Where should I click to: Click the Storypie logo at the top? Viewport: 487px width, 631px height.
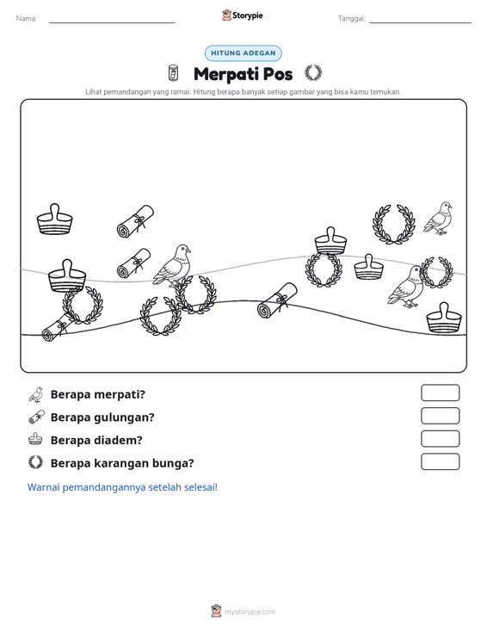(242, 15)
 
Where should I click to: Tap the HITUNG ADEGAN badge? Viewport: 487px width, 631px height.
(243, 53)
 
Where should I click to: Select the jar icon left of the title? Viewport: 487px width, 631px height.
(173, 73)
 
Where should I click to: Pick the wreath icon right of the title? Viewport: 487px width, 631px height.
(313, 73)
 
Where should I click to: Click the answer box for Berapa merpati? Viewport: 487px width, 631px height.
(440, 393)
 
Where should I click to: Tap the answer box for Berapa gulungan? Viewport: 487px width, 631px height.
(440, 416)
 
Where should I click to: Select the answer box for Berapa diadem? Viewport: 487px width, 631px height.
(440, 439)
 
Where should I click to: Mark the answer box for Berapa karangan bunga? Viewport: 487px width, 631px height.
(440, 461)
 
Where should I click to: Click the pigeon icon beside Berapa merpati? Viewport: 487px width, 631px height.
(36, 394)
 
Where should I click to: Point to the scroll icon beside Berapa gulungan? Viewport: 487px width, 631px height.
(36, 418)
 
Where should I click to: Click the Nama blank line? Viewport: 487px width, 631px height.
(112, 22)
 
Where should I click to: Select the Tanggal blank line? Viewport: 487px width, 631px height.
(420, 22)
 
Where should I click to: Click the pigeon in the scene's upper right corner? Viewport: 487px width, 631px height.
(438, 218)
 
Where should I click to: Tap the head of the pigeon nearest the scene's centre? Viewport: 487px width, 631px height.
(183, 250)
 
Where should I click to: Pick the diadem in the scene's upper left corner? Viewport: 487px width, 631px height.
(55, 219)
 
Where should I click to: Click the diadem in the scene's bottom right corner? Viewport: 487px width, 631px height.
(444, 318)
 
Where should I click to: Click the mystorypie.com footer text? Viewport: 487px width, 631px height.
(250, 612)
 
